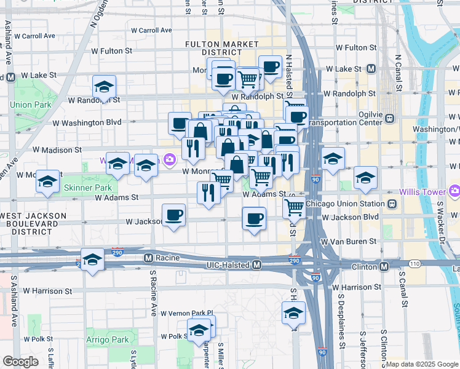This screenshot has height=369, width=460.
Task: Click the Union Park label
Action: click(31, 105)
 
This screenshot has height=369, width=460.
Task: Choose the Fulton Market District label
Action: click(222, 48)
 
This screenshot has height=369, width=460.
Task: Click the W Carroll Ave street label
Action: click(151, 30)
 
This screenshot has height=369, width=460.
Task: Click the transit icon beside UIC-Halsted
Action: click(257, 265)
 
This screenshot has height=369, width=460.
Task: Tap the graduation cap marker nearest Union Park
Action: click(105, 87)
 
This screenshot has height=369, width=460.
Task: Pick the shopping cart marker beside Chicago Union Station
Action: click(294, 207)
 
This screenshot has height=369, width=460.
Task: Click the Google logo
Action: click(20, 362)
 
